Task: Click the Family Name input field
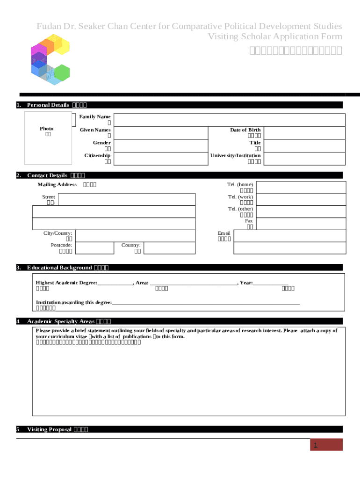[x=229, y=120]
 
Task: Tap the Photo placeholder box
[x=48, y=138]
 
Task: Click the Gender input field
[x=160, y=145]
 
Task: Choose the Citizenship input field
[x=160, y=159]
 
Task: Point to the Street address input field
[x=126, y=200]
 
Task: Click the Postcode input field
[x=94, y=248]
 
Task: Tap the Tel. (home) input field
[x=301, y=188]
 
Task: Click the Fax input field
[x=301, y=224]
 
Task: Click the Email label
[x=224, y=233]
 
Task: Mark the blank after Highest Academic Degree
[x=115, y=283]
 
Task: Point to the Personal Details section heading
[x=48, y=105]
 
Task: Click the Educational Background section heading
[x=59, y=268]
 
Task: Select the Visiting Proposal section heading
[x=49, y=429]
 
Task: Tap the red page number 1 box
[x=327, y=445]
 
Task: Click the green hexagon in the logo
[x=62, y=73]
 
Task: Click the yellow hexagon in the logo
[x=62, y=46]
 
